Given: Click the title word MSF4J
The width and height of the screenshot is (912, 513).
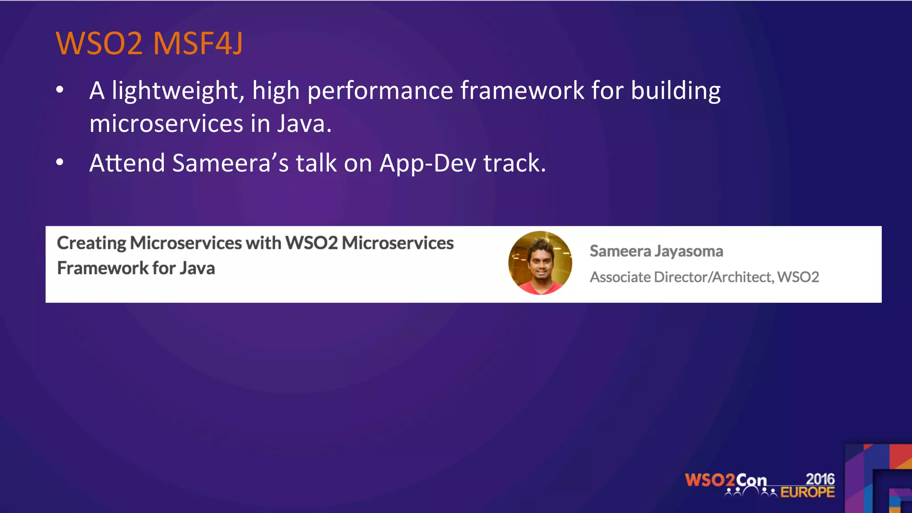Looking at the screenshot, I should point(198,44).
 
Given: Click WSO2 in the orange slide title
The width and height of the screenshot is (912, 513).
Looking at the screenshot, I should point(99,44).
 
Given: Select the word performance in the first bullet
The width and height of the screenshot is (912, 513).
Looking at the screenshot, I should point(380,91).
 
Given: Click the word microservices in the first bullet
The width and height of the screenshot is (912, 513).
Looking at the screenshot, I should point(166,123).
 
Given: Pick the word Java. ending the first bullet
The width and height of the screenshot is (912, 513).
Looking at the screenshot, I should point(304,123).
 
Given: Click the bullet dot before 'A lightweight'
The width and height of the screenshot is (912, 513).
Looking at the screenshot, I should point(60,90).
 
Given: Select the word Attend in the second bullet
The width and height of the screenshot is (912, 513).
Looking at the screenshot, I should point(127,163).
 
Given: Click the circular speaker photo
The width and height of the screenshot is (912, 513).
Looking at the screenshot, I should point(540,263).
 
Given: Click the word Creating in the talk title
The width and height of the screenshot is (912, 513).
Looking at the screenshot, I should point(92,243).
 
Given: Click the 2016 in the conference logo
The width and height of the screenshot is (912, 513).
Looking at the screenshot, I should point(820,479).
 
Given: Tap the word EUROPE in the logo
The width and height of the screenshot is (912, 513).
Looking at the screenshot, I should point(807,492).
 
